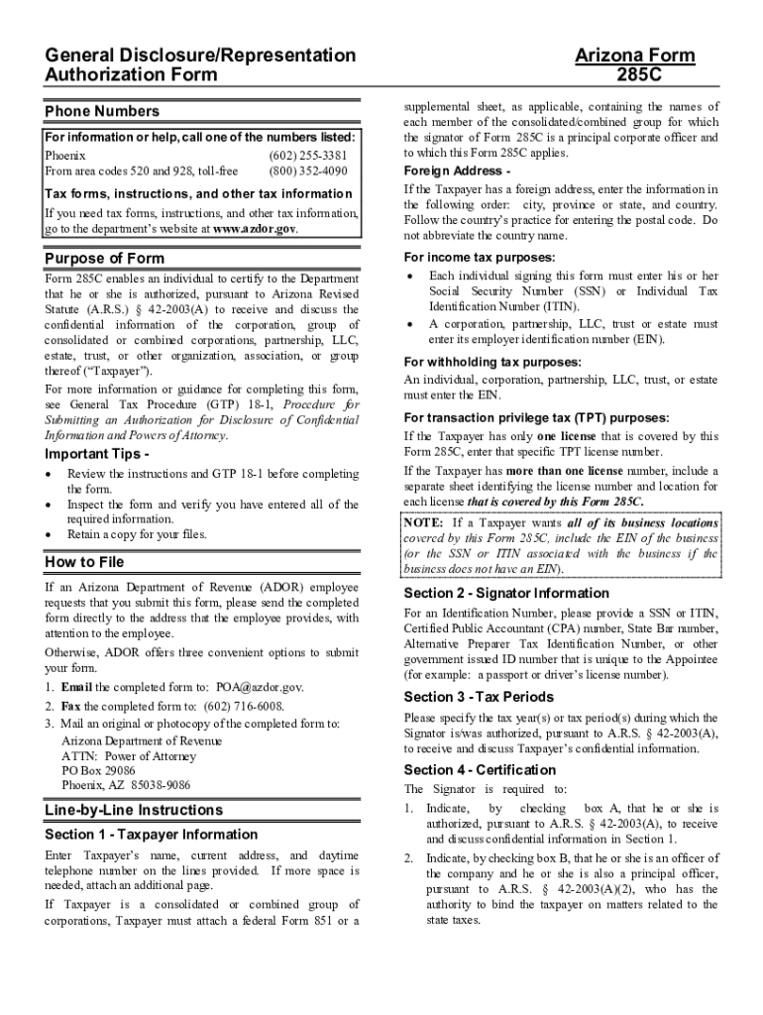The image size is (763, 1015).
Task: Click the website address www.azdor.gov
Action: pos(255,228)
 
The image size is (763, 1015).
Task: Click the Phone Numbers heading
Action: pos(101,111)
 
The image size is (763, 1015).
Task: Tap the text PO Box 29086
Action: pos(98,770)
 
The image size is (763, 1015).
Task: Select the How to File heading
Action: pos(84,563)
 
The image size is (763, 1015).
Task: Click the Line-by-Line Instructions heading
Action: pos(134,810)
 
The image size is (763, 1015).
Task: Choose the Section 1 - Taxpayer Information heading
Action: pos(152,835)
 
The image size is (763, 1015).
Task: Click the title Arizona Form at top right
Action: pos(635,56)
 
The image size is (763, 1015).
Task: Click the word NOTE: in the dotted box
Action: pos(424,522)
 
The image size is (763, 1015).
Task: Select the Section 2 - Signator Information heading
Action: pos(506,593)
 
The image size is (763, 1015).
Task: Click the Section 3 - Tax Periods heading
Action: pos(479,696)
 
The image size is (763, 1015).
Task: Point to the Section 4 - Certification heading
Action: pos(480,770)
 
